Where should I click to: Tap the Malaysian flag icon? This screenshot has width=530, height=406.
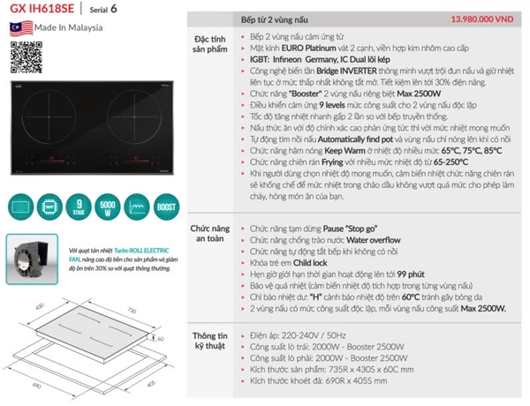tap(17, 26)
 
